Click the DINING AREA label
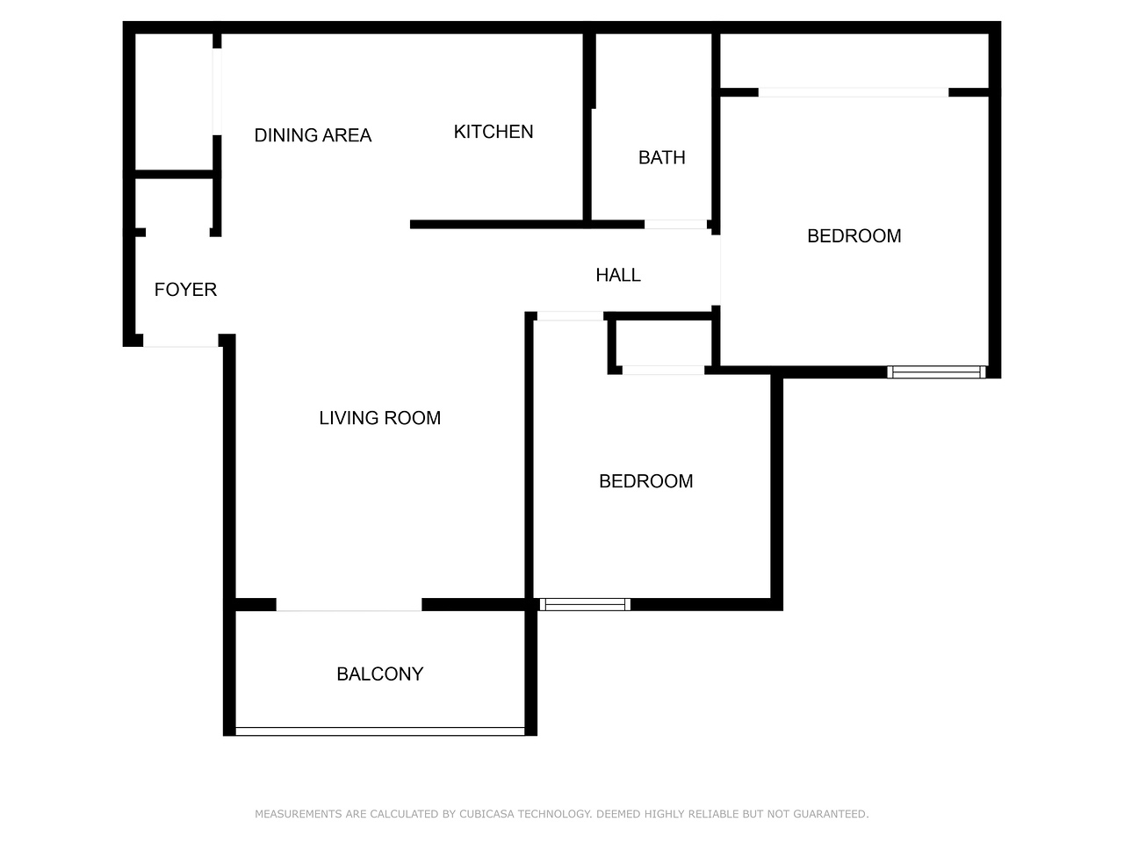click(313, 135)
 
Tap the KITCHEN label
click(494, 132)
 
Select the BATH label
click(661, 157)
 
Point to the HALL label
click(618, 275)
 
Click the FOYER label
click(185, 289)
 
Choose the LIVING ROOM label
click(379, 418)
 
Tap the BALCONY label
click(380, 674)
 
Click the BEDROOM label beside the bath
click(854, 235)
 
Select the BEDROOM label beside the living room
click(645, 480)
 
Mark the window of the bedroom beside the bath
click(936, 372)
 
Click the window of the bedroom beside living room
click(585, 604)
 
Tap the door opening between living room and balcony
click(349, 604)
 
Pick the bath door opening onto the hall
click(675, 224)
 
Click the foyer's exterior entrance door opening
click(181, 341)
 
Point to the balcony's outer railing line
click(380, 731)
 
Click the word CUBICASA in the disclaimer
click(486, 813)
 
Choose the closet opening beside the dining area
click(217, 91)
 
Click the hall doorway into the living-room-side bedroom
click(570, 316)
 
